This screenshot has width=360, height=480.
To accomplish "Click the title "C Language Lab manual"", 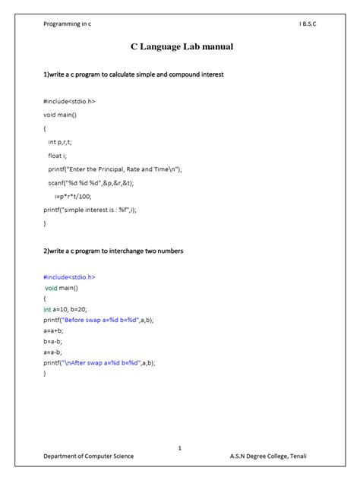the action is pos(180,47).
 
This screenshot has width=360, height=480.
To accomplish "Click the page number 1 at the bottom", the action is pos(179,448).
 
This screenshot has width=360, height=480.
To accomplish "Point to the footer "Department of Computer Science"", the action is pos(88,456).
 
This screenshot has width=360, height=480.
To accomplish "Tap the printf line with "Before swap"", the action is pos(98,321).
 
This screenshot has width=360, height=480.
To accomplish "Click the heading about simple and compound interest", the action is pos(133,76).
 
